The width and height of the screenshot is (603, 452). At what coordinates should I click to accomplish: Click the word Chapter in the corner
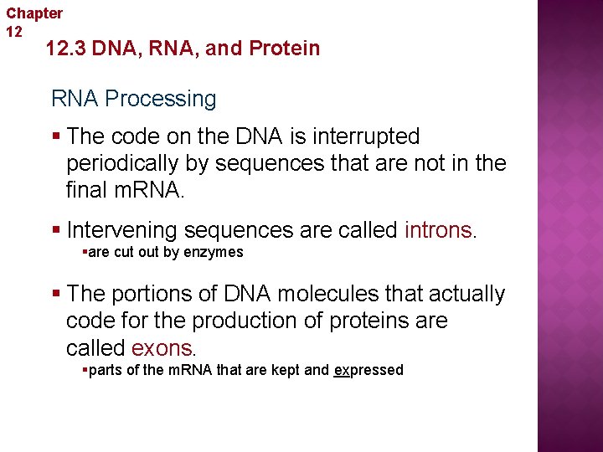point(34,13)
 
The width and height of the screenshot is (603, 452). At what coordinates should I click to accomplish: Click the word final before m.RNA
point(87,190)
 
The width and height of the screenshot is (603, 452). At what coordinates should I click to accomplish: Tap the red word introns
point(438,229)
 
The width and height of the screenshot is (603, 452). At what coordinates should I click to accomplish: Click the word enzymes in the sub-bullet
point(216,252)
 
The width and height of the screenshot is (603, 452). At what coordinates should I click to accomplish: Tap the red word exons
point(162,347)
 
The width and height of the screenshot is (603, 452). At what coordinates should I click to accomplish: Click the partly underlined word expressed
point(368,370)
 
